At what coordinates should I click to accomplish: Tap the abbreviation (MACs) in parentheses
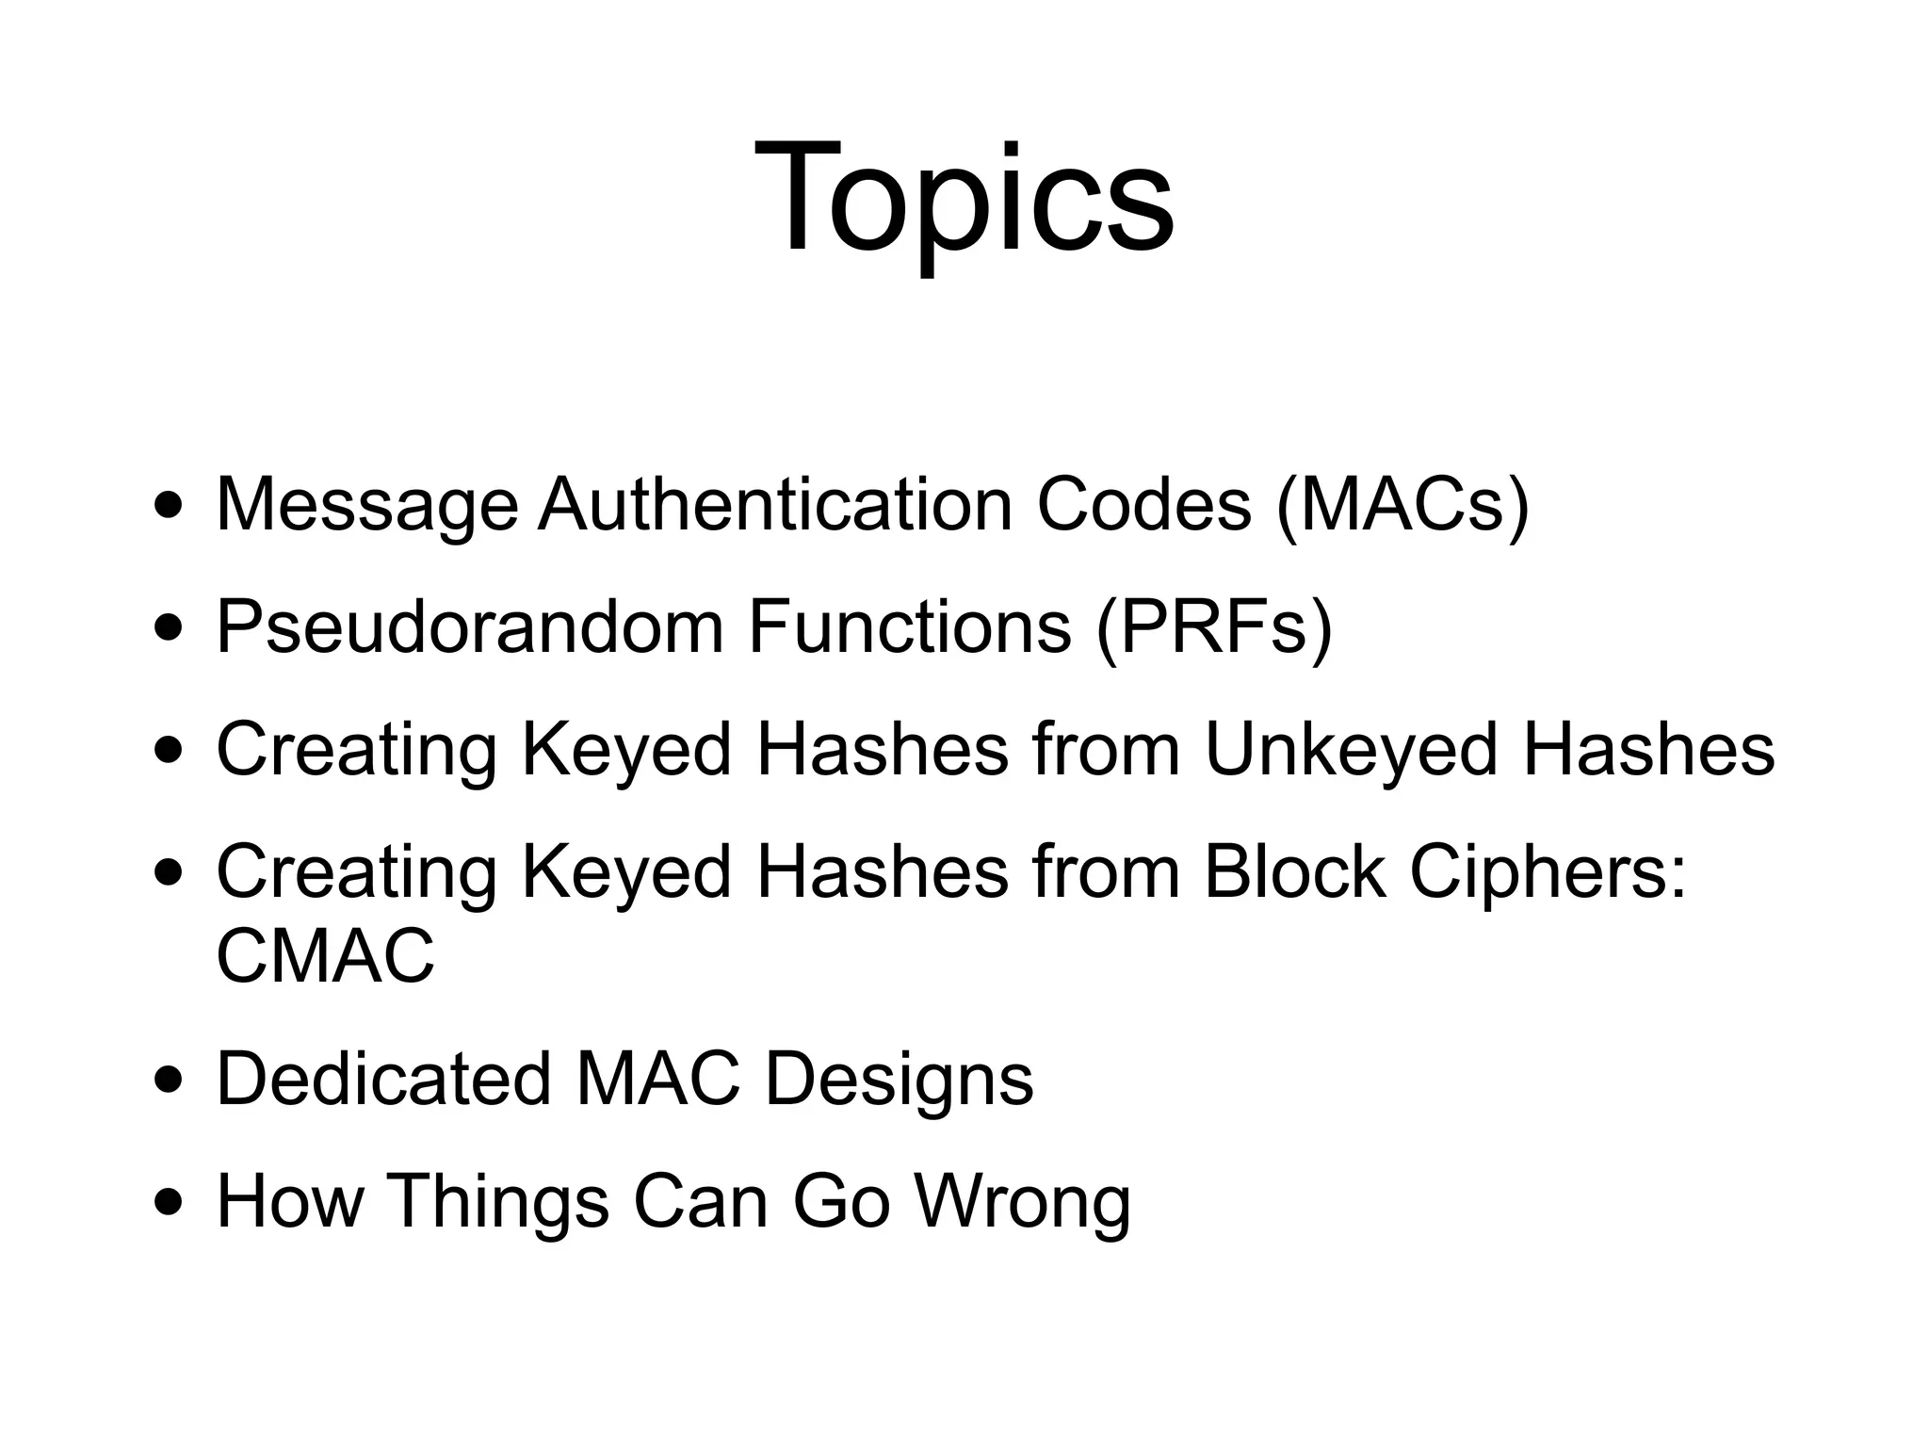click(1402, 505)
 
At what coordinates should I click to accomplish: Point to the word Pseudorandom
click(469, 627)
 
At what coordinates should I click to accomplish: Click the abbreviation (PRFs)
click(1214, 627)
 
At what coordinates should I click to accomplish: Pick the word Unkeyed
click(1351, 750)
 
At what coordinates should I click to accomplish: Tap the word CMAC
click(325, 955)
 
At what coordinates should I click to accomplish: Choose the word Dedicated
click(383, 1080)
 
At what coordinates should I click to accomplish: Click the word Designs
click(899, 1080)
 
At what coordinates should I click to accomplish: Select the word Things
click(497, 1202)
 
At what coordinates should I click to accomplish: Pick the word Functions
click(910, 627)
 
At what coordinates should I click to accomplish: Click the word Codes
click(1143, 505)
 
